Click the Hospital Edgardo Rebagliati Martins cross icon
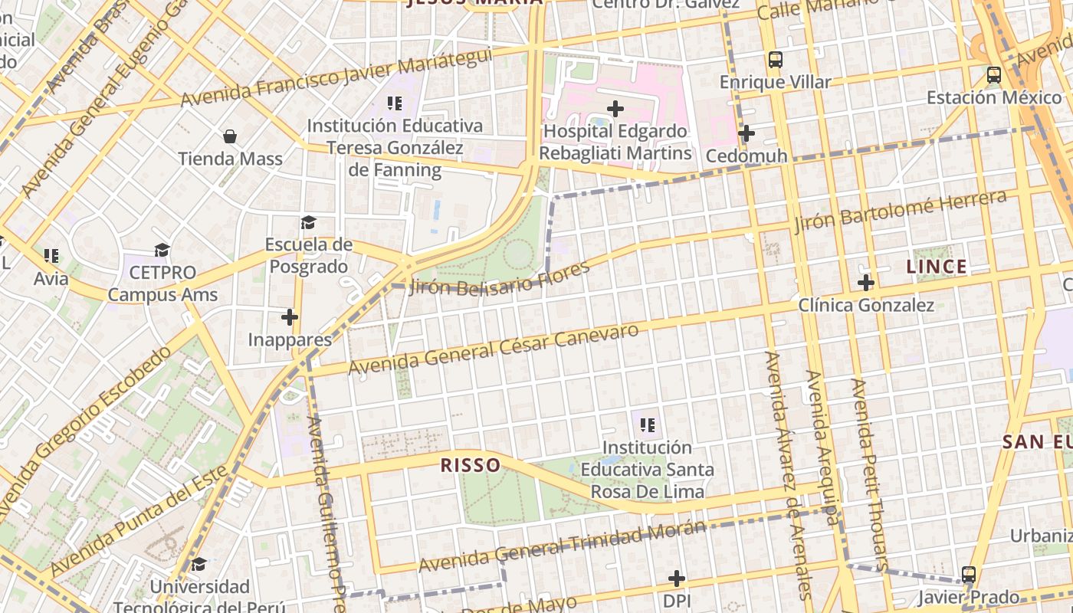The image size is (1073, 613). point(615,109)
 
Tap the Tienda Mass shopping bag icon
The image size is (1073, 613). point(230,137)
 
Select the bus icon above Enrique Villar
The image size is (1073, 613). point(776,60)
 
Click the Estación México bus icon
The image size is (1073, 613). point(994,75)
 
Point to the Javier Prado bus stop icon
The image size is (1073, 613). point(969,575)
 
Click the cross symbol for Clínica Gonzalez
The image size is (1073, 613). point(866,283)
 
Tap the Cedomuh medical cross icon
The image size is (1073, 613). point(746,134)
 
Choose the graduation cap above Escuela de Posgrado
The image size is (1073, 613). point(308,222)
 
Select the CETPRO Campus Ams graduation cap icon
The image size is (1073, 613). point(162,251)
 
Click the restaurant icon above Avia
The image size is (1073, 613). point(51,255)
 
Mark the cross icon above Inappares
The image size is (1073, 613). point(289,316)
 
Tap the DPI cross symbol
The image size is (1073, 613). point(676,578)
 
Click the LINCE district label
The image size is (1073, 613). point(936,267)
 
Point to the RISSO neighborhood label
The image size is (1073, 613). point(471,465)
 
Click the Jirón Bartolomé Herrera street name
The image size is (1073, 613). point(900,211)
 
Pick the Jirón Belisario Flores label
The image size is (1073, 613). point(500,278)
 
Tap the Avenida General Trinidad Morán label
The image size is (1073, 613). point(561,546)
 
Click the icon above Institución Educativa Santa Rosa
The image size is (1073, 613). point(647,425)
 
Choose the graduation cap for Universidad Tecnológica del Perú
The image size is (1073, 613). point(199,565)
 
